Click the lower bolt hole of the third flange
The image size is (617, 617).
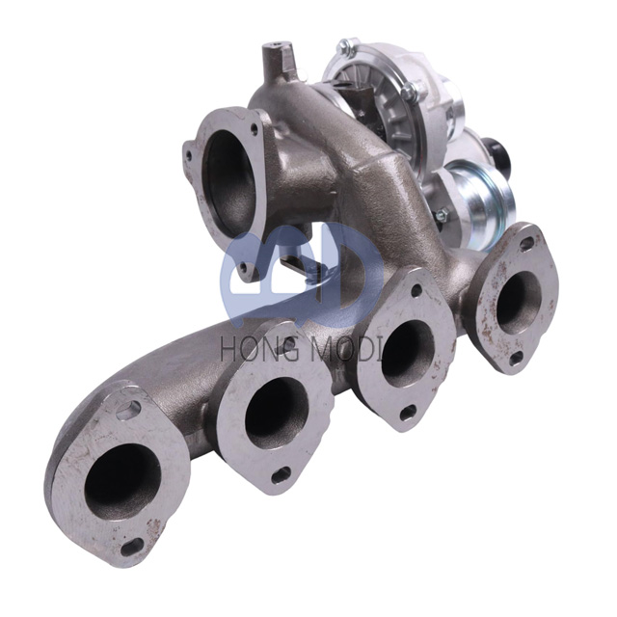pyautogui.click(x=408, y=412)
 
